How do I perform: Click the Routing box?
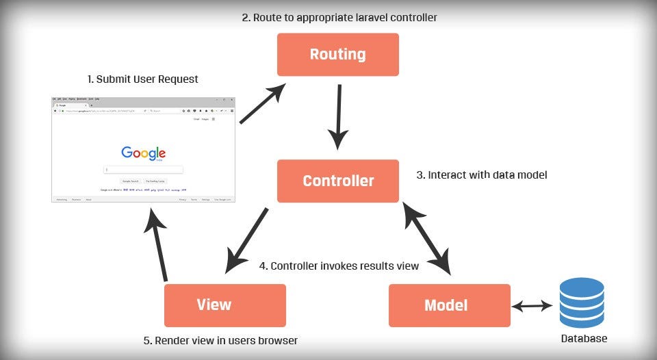(337, 54)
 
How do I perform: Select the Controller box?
(337, 181)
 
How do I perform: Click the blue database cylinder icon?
(581, 303)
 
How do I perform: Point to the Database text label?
(584, 339)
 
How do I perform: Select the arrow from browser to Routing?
(263, 104)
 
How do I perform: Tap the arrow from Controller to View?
(247, 239)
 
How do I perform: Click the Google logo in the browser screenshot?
(143, 153)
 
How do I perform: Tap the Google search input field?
(143, 169)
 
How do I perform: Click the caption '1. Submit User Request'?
(142, 79)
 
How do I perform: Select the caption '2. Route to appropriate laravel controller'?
(339, 17)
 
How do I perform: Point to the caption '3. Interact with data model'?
(482, 175)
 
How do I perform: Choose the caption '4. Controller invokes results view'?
(339, 266)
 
